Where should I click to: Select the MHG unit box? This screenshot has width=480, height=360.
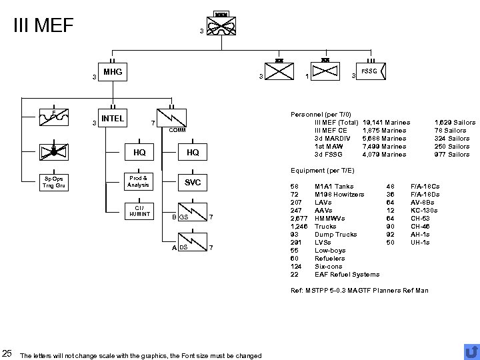click(x=112, y=71)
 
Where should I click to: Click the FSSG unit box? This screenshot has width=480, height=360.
click(x=368, y=71)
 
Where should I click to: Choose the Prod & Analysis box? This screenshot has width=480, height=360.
click(x=140, y=181)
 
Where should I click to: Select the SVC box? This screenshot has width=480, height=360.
click(x=193, y=182)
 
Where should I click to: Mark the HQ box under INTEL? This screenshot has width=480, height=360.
click(x=140, y=152)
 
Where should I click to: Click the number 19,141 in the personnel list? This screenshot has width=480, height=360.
click(x=375, y=122)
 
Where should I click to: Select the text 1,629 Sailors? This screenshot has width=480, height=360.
click(x=455, y=122)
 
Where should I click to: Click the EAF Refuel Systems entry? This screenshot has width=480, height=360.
click(x=347, y=274)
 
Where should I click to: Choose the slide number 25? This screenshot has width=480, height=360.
click(x=7, y=353)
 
